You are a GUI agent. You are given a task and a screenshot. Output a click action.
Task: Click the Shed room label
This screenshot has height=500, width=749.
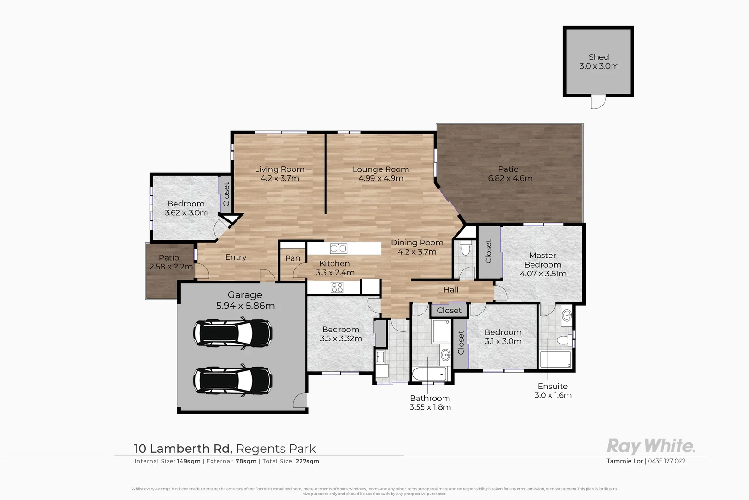(599, 57)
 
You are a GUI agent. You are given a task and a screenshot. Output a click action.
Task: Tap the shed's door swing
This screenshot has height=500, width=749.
(598, 101)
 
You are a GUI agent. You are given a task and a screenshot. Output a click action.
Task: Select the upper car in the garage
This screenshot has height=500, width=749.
(232, 332)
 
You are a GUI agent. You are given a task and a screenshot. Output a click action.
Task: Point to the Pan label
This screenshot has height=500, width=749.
(293, 258)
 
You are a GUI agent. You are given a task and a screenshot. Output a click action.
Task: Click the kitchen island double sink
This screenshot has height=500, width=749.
(338, 249)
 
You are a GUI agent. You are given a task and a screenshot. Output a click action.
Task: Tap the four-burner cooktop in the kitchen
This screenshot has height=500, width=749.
(337, 287)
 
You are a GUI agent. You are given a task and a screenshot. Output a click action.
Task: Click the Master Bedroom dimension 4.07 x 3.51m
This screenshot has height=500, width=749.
(543, 274)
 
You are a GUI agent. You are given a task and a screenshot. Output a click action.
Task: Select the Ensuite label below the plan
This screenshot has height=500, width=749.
(552, 386)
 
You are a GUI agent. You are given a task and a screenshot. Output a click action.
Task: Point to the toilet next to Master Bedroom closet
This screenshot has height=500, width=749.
(466, 248)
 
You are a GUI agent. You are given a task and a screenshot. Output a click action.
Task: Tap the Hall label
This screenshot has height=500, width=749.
(451, 290)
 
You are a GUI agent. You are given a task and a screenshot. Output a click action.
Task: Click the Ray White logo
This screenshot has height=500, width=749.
(650, 446)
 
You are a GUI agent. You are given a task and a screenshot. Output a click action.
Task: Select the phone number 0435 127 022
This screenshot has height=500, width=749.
(667, 461)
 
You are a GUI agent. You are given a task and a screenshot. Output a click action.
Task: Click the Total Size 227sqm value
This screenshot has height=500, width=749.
(307, 461)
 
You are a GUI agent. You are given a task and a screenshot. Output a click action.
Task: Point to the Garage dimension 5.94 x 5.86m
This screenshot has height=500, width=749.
(245, 306)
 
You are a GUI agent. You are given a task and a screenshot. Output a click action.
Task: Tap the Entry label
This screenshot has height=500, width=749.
(236, 257)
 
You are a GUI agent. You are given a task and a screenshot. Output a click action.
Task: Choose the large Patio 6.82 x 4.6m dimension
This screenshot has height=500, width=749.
(510, 178)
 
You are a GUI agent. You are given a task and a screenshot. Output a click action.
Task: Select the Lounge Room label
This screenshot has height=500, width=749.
(381, 169)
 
